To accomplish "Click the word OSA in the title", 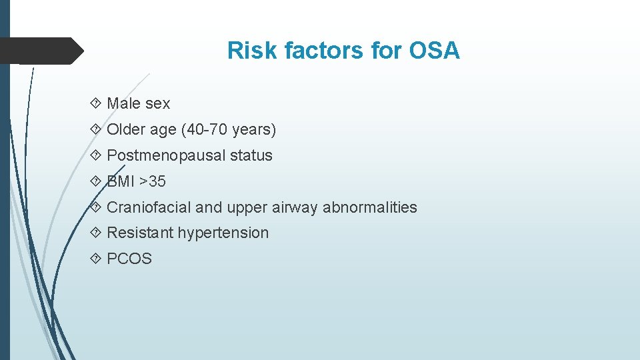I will coord(435,51).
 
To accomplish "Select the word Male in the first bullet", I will coord(123,103).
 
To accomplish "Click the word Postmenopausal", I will coord(166,155).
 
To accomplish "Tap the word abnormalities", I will coord(370,207).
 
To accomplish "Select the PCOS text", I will coord(129,259).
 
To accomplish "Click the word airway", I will coord(295,207).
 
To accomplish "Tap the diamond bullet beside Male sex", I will coord(95,103).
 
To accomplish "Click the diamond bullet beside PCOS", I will coord(95,259).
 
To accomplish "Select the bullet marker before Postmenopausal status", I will coord(95,155).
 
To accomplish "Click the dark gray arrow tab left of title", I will coord(40,51).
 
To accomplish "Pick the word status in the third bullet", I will coord(251,155).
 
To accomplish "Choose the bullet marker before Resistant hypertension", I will coord(95,233).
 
